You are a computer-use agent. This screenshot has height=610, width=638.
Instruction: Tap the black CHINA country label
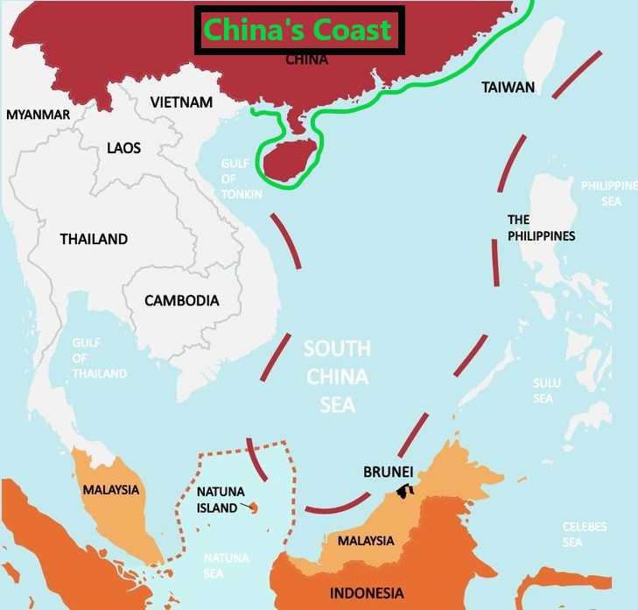point(307,60)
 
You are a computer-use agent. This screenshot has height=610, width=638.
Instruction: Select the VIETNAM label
point(181,102)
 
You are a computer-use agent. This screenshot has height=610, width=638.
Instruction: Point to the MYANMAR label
point(38,115)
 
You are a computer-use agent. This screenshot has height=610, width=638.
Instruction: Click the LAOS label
point(123,148)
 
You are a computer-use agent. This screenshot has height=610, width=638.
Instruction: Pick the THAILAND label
point(94,239)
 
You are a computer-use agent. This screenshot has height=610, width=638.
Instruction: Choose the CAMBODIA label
point(182,300)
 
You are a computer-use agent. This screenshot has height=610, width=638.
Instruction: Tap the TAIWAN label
point(508,88)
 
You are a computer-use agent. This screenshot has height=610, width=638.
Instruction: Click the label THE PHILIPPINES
point(541,228)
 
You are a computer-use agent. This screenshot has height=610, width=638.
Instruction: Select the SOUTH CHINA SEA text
point(337,376)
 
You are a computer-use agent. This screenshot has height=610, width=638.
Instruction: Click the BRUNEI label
point(388,472)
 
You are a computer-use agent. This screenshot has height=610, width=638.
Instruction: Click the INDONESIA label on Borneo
point(367,593)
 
